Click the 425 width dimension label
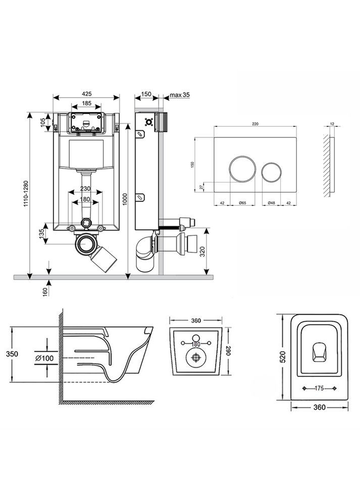pos(86,93)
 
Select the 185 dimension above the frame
pos(86,104)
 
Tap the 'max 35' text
pos(179,94)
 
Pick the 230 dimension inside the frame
pos(86,189)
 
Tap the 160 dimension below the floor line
pos(44,291)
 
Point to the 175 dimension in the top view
pos(318,388)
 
